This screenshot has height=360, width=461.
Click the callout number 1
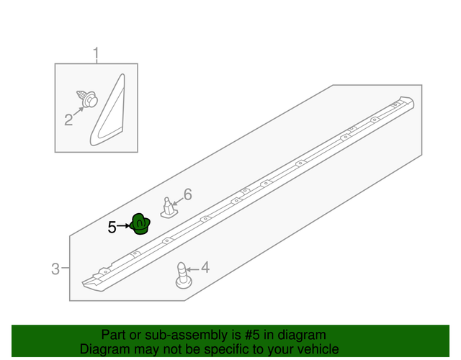[x=96, y=53]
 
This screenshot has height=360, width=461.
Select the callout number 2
[x=68, y=120]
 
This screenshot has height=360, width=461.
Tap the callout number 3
[x=55, y=269]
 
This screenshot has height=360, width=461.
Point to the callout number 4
[x=205, y=267]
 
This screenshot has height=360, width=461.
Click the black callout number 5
[x=112, y=228]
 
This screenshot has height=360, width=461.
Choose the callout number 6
[x=188, y=194]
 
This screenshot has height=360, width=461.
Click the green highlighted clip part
[x=140, y=224]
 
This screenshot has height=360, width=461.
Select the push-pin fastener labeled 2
[x=87, y=99]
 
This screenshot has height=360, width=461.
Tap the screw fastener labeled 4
[x=184, y=275]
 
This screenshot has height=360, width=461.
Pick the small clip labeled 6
[x=169, y=208]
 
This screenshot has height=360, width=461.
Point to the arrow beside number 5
[x=123, y=225]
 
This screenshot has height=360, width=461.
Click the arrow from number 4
[x=192, y=269]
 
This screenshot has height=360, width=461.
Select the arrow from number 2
[x=79, y=112]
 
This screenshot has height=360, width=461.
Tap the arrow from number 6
[x=177, y=201]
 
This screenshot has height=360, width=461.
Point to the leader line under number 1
[x=96, y=62]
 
